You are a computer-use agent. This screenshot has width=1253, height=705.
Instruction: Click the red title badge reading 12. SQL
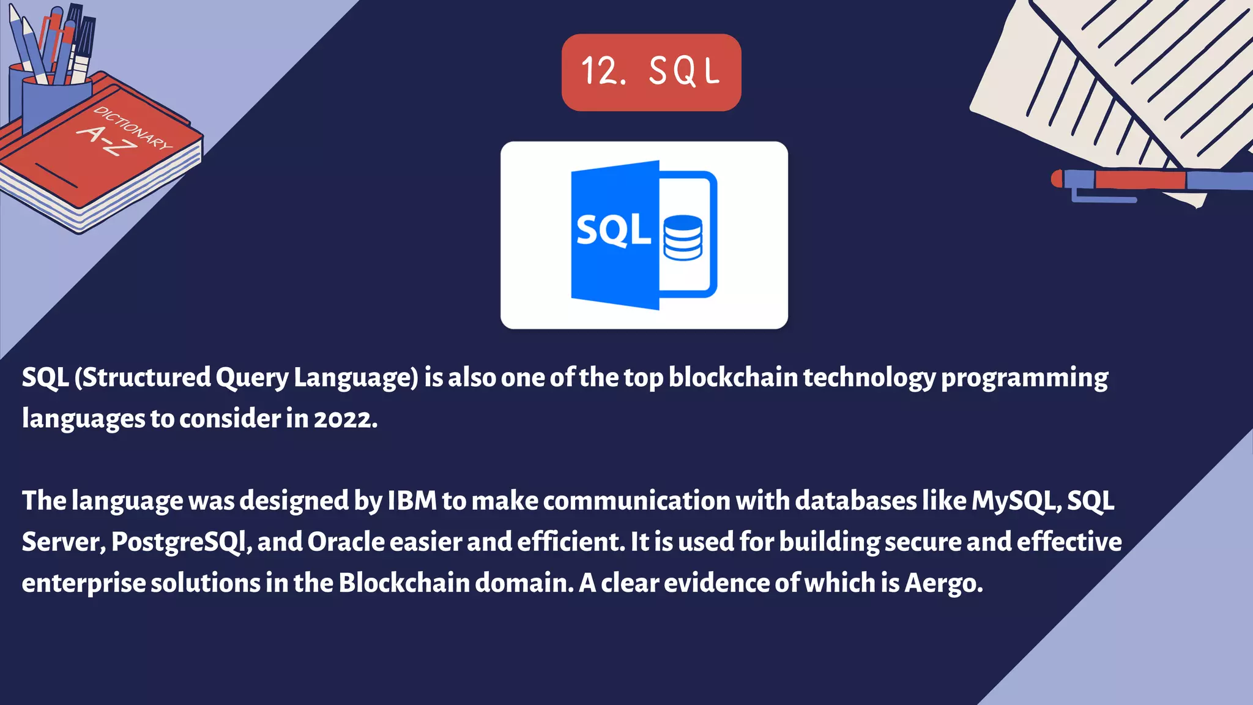(651, 72)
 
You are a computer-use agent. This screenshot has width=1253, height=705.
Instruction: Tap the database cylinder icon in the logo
(683, 237)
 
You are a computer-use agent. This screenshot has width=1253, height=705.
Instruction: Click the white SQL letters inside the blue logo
(613, 231)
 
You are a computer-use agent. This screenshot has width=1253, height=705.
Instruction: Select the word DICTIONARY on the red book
(133, 128)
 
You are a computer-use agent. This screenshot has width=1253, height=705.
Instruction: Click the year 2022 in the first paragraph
(345, 419)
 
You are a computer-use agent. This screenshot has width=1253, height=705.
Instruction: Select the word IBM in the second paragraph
(412, 501)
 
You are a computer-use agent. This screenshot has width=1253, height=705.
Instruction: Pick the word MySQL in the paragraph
(1016, 501)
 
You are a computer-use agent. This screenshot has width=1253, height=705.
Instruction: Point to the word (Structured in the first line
(143, 378)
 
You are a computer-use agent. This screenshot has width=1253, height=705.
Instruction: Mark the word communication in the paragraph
(636, 501)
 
